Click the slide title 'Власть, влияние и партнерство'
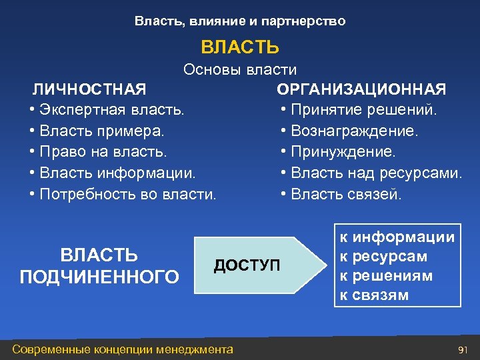tap(240, 21)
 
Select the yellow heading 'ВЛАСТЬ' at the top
tap(240, 47)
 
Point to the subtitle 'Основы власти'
tap(240, 70)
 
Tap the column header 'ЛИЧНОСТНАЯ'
tap(90, 89)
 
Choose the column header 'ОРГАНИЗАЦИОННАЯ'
tap(362, 89)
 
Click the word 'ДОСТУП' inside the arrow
tap(247, 265)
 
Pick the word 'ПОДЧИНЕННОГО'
tap(99, 276)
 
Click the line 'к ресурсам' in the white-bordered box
tap(383, 257)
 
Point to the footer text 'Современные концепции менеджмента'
tap(123, 349)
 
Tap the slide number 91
tap(464, 349)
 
